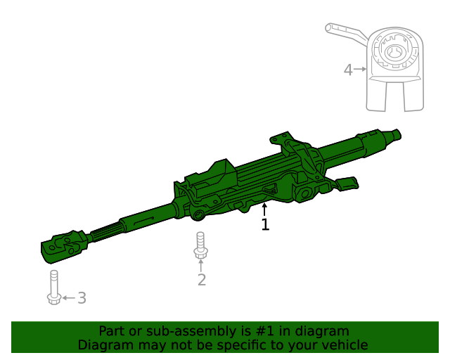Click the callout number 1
pyautogui.click(x=265, y=225)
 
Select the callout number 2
pyautogui.click(x=202, y=280)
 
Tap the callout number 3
pyautogui.click(x=82, y=298)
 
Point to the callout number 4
pyautogui.click(x=347, y=70)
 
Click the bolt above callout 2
pyautogui.click(x=200, y=245)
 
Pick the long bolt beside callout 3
pyautogui.click(x=54, y=288)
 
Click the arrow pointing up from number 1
pyautogui.click(x=265, y=209)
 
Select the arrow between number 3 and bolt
pyautogui.click(x=68, y=298)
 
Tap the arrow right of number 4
pyautogui.click(x=360, y=69)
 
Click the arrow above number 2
pyautogui.click(x=201, y=266)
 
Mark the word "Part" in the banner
pyautogui.click(x=111, y=330)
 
